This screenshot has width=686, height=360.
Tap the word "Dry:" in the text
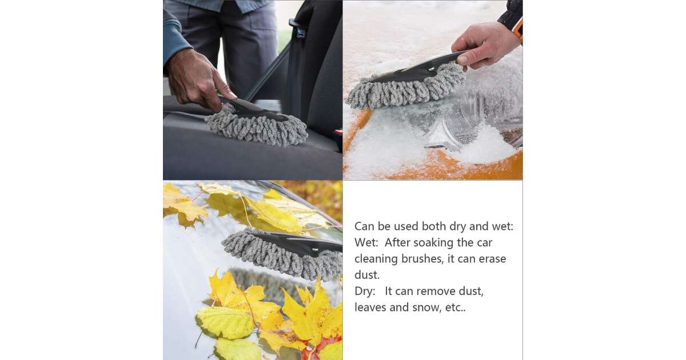point(365,291)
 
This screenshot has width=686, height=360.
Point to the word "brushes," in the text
point(422,259)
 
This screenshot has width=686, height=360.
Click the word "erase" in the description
point(492,259)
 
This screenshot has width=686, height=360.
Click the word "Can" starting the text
point(365,226)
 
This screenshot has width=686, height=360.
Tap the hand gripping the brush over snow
point(485,45)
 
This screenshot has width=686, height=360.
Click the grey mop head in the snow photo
point(406,87)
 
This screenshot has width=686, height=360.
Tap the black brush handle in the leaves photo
point(300,243)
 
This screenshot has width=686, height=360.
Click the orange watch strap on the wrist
point(519,29)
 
